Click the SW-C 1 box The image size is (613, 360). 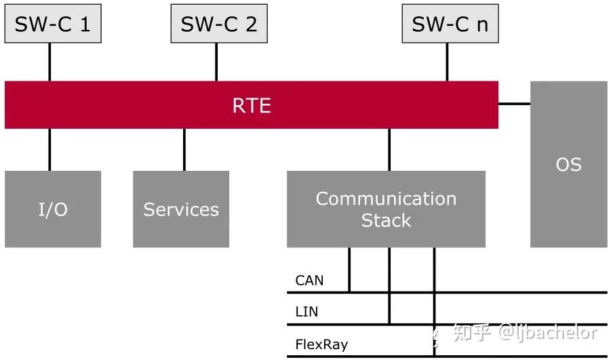coord(53,24)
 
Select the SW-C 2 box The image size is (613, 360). coord(218,24)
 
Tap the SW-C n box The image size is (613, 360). coord(450,24)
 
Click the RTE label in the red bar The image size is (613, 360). coord(252,105)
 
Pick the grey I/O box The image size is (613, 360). coord(53,209)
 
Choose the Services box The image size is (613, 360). coord(181,209)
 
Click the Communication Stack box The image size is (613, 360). coord(386,209)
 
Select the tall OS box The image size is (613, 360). coord(568,164)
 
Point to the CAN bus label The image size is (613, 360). coord(309,280)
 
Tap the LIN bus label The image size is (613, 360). coord(306,312)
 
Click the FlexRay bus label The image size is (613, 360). coord(321,344)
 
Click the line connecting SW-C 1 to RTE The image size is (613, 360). coord(50,62)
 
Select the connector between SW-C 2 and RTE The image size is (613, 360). coord(216,62)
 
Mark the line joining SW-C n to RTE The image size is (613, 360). coord(447,62)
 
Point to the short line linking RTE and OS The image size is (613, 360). coord(514,104)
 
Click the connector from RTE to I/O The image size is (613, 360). coord(50,149)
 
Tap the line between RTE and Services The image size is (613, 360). coord(184,149)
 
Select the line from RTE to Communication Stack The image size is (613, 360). coord(389,149)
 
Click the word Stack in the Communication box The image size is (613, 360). coord(386,220)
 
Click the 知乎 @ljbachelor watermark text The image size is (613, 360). coord(526,333)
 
